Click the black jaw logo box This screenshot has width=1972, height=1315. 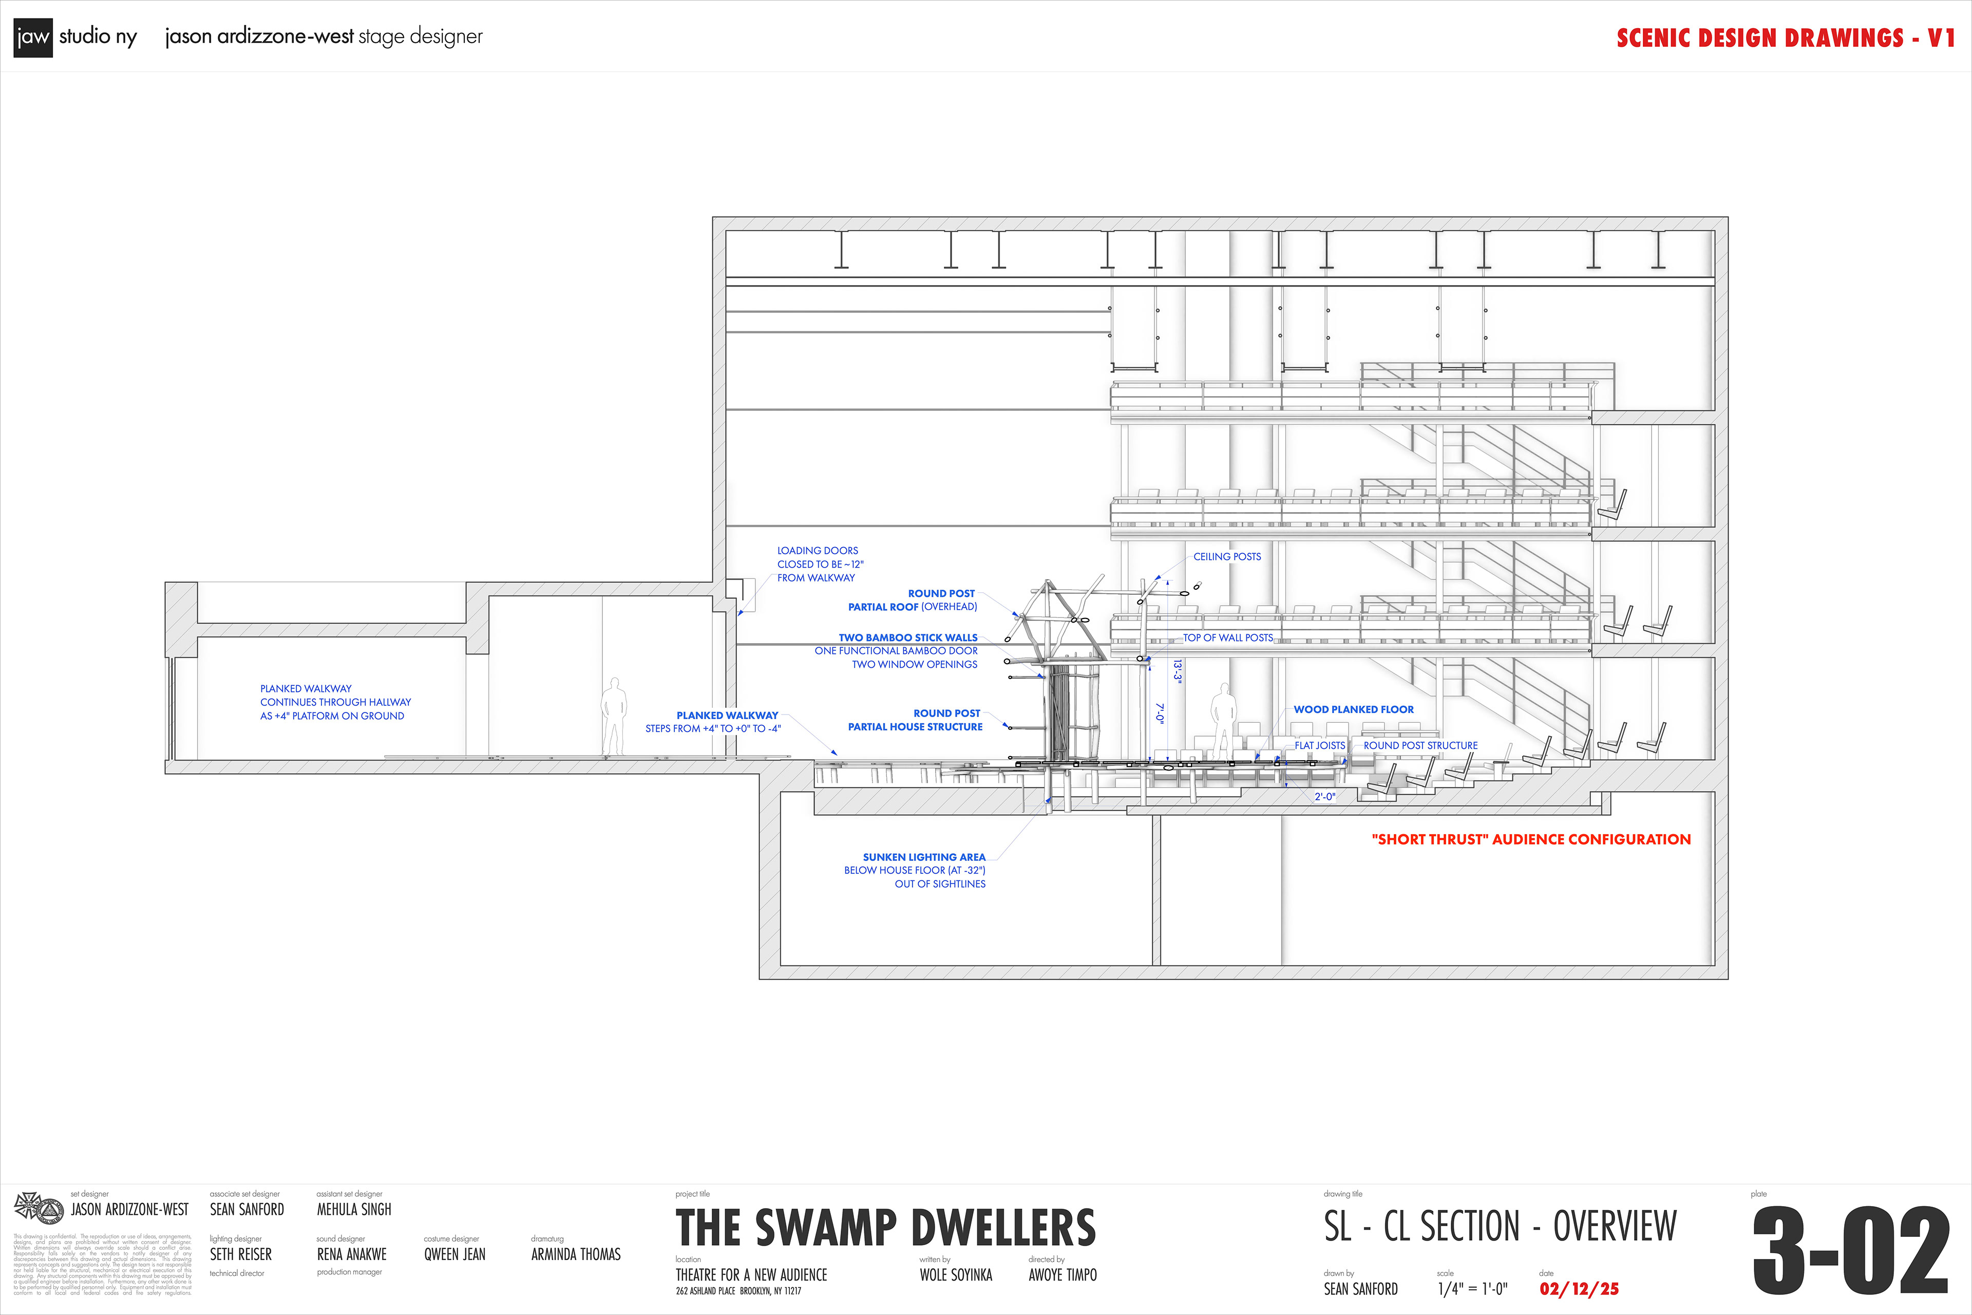[x=33, y=37]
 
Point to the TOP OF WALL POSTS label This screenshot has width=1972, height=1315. [x=1227, y=638]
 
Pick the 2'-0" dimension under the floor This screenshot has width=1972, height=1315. [x=1325, y=797]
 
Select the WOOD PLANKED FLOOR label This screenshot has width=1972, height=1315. [x=1353, y=709]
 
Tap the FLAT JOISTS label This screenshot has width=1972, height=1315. [x=1320, y=745]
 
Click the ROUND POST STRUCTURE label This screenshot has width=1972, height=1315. [x=1420, y=745]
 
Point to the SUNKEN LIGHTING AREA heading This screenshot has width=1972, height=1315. [x=924, y=857]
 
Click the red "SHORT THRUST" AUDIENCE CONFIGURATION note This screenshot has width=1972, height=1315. [x=1531, y=839]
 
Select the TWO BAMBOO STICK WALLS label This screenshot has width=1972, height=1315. [x=908, y=637]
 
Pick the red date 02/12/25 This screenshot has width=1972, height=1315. [x=1579, y=1289]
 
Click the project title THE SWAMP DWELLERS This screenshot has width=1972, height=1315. [x=885, y=1229]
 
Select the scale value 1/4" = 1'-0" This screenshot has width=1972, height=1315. [x=1472, y=1289]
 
